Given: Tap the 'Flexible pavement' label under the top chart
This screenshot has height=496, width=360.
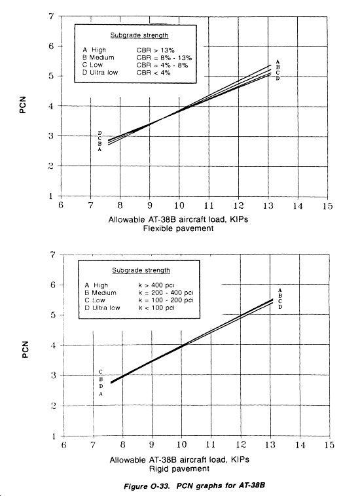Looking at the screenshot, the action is [x=179, y=228].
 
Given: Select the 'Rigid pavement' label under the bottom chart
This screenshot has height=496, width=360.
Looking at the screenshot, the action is [x=179, y=469].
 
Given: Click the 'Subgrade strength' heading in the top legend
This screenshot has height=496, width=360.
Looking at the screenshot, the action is [x=139, y=35].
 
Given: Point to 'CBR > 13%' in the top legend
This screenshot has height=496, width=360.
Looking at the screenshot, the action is [x=155, y=50].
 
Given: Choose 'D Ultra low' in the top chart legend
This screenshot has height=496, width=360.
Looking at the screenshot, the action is [x=100, y=73].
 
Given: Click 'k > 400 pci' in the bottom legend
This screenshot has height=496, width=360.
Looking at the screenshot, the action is [x=156, y=285].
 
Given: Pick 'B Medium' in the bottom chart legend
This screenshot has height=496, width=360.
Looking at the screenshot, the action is [x=100, y=292].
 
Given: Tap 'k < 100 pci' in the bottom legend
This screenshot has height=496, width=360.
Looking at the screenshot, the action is [x=156, y=308].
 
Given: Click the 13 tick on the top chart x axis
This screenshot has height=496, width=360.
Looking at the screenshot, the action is [x=268, y=205].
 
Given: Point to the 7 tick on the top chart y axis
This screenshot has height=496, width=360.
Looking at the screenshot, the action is [x=51, y=16].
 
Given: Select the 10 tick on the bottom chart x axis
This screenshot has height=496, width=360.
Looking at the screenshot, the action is [x=181, y=444].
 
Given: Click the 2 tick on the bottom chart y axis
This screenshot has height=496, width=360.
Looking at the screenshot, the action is [x=54, y=406].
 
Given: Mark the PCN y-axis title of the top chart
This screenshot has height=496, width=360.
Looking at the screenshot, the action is [x=22, y=105].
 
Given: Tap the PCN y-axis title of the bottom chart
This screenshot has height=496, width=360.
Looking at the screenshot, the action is [x=25, y=349].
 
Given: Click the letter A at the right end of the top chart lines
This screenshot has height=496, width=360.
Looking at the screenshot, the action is [x=278, y=62].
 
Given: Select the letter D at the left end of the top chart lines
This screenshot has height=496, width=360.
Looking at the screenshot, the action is [x=100, y=133].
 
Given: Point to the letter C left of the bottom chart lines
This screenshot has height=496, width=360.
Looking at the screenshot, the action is [x=101, y=372].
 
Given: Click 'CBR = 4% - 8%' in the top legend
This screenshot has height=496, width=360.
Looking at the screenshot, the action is [x=162, y=65].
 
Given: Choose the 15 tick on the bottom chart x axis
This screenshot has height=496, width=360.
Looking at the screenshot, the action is [x=329, y=445].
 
